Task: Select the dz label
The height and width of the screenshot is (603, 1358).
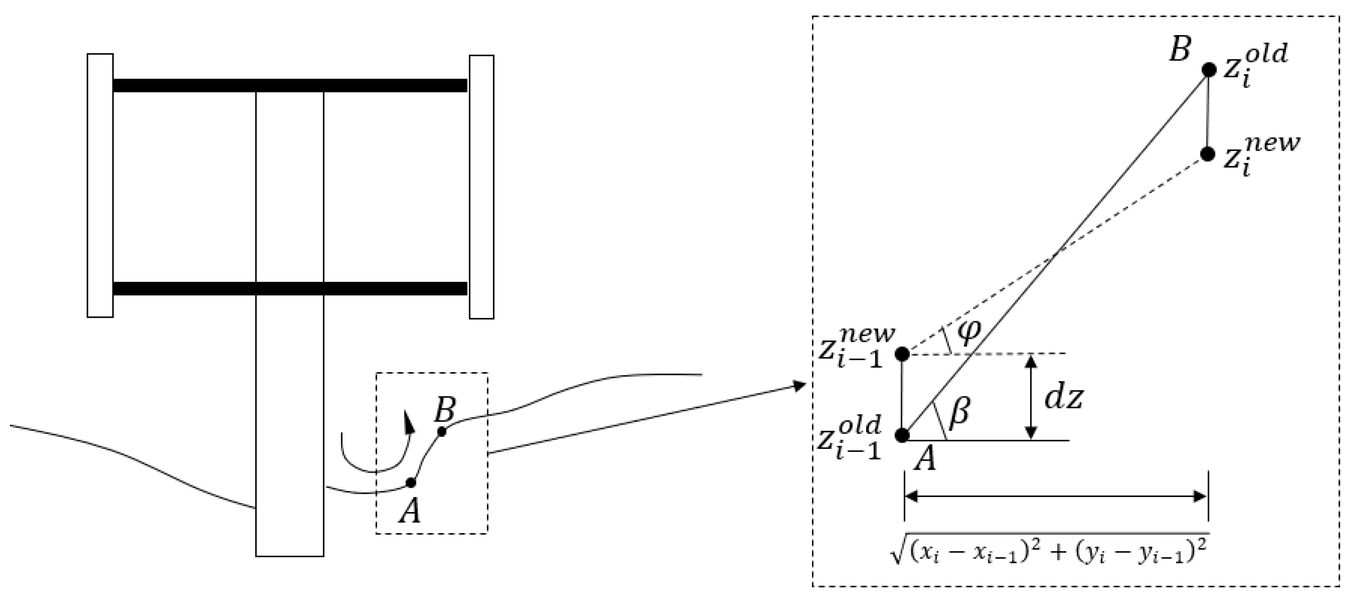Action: pos(1064,399)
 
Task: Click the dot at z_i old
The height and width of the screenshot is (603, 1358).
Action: pos(1208,70)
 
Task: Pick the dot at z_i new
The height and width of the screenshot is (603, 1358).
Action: pos(1208,154)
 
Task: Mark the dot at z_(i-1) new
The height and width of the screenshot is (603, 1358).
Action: pos(902,354)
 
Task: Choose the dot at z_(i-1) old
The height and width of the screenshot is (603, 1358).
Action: pos(902,435)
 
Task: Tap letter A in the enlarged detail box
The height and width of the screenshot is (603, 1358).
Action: pos(925,459)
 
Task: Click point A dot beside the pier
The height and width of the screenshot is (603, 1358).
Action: pos(411,482)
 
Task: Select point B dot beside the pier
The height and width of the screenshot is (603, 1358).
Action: pos(442,432)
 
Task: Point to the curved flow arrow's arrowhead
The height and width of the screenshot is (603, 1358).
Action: pos(408,421)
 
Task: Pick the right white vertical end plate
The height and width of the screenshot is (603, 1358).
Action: pos(481,187)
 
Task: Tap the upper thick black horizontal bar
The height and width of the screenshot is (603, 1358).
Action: pos(290,85)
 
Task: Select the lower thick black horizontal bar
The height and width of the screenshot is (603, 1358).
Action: pos(290,288)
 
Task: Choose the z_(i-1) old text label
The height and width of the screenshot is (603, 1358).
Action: pos(849,438)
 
